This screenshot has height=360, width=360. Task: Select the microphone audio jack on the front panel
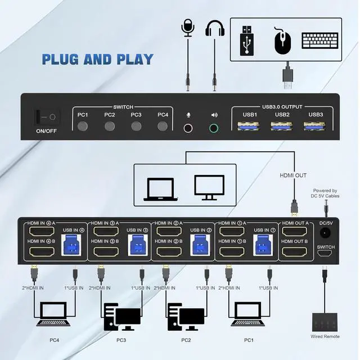tap(189, 128)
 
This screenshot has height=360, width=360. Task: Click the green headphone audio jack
tap(214, 128)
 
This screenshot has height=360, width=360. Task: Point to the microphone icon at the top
tap(188, 28)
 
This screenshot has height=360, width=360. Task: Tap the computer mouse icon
tap(283, 40)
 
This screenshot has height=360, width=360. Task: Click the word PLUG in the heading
tap(62, 59)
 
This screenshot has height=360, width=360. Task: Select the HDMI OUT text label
tap(293, 175)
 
